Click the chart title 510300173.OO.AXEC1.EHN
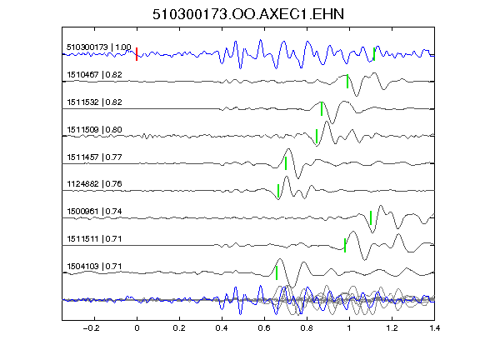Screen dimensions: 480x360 tap(248, 14)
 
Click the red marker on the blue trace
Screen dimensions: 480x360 tap(137, 54)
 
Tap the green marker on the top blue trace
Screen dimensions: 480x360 tap(374, 54)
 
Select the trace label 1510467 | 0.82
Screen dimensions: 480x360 tap(94, 75)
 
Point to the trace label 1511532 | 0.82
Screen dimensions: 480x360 tap(94, 102)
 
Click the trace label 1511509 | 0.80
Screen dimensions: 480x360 tap(94, 129)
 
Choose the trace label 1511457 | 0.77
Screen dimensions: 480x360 tap(94, 157)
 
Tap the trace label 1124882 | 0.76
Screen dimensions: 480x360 tap(94, 183)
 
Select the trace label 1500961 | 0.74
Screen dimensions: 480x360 tap(94, 211)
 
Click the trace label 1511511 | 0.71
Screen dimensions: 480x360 tap(94, 238)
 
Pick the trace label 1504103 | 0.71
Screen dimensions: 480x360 tap(94, 266)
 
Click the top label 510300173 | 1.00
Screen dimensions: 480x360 tap(99, 47)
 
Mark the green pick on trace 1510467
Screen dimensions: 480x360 tap(347, 82)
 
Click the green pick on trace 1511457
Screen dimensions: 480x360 tap(286, 163)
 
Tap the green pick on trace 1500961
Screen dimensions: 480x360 tap(371, 217)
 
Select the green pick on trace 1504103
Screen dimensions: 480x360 tap(277, 272)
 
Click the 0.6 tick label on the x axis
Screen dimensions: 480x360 tap(264, 328)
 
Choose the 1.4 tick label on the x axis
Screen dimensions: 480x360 tap(434, 328)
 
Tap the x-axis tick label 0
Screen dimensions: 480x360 tap(137, 328)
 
